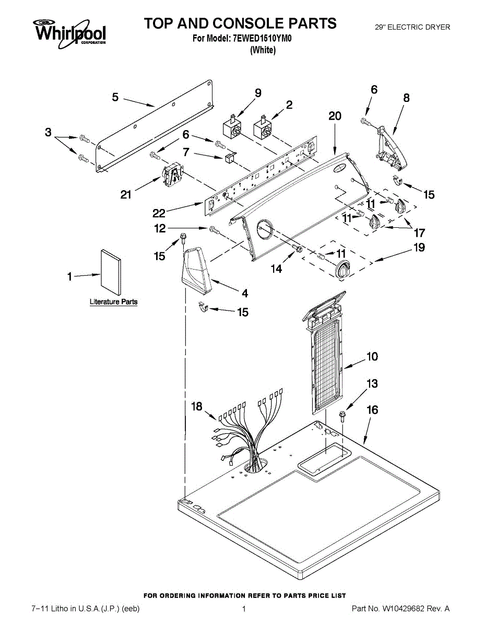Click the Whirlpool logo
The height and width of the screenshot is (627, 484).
(70, 32)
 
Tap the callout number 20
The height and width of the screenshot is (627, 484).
(335, 116)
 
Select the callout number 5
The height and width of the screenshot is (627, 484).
(115, 97)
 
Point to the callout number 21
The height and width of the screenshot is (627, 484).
(126, 195)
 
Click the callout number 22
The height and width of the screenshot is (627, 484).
(159, 213)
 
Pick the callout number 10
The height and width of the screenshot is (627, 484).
(372, 357)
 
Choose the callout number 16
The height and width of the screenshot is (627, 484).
(372, 410)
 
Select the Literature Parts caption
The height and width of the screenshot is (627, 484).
(113, 302)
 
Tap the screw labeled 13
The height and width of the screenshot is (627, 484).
(343, 416)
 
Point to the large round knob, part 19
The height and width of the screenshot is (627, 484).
(342, 270)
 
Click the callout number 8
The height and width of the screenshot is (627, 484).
(406, 98)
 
